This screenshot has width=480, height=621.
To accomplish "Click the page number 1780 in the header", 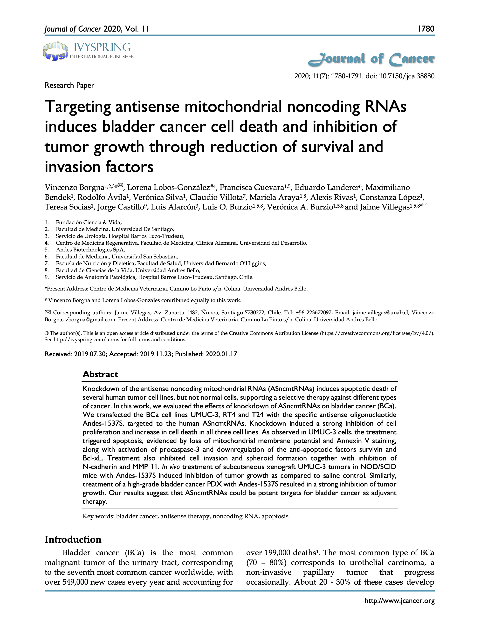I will (x=425, y=29).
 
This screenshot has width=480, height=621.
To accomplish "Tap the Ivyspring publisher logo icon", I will (x=55, y=51).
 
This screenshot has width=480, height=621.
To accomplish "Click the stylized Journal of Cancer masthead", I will (x=371, y=59).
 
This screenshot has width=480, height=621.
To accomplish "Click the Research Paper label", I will (x=69, y=85).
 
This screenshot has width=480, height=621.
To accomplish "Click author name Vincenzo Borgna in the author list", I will (x=74, y=188).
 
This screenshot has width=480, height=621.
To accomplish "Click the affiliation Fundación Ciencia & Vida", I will (x=89, y=222).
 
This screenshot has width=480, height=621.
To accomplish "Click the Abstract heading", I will (x=100, y=374).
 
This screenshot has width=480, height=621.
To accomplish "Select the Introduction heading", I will (x=73, y=539).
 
